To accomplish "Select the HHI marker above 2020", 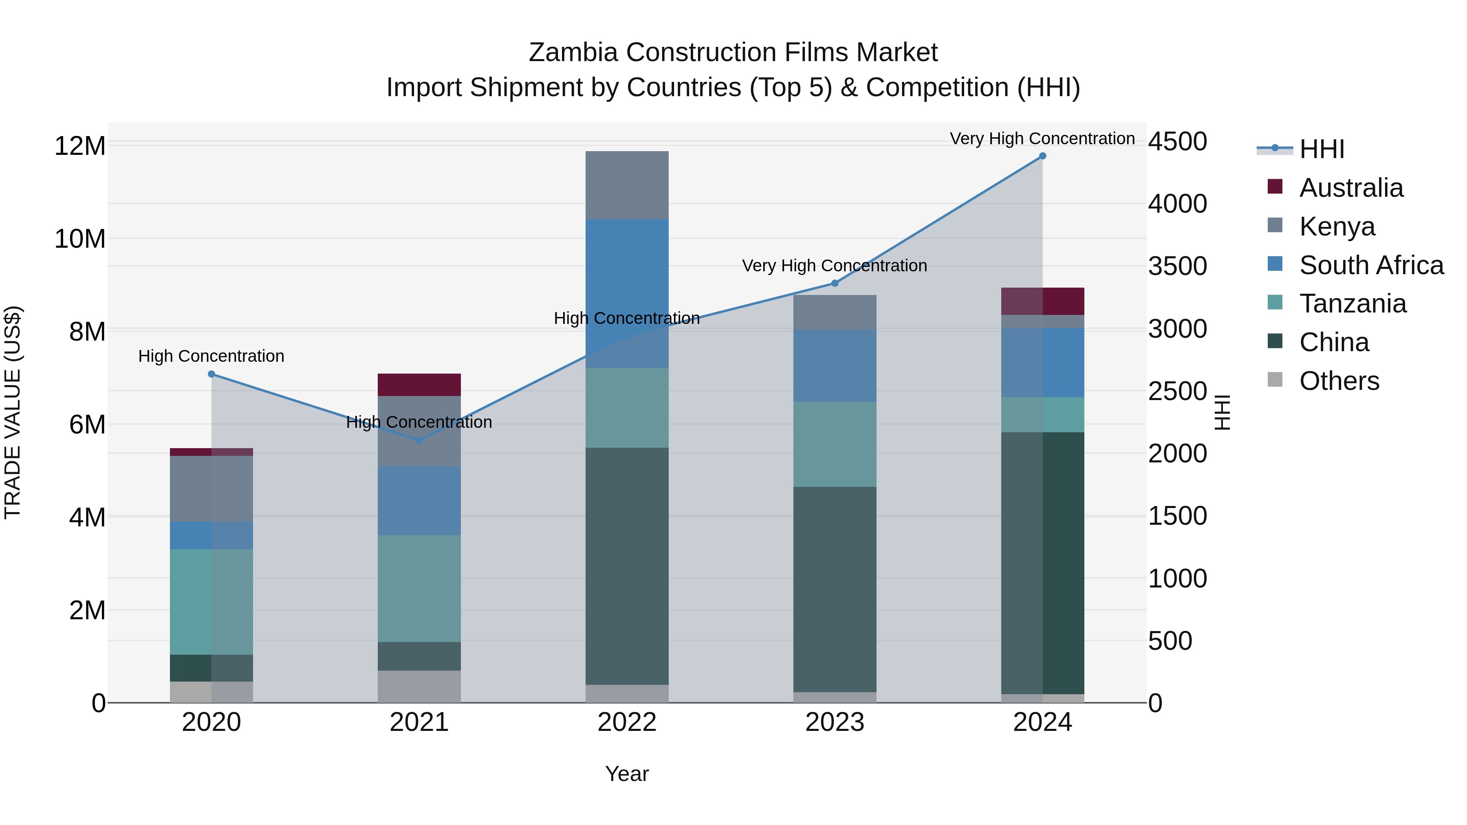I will click(211, 374).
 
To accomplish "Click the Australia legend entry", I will click(1351, 188).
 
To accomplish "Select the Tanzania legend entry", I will click(1352, 304).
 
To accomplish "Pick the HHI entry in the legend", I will click(1321, 149).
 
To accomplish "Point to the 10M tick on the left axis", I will click(80, 239).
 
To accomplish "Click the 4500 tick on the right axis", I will click(1176, 141).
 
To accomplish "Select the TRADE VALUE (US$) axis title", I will click(13, 412).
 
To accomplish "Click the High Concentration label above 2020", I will click(211, 356).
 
